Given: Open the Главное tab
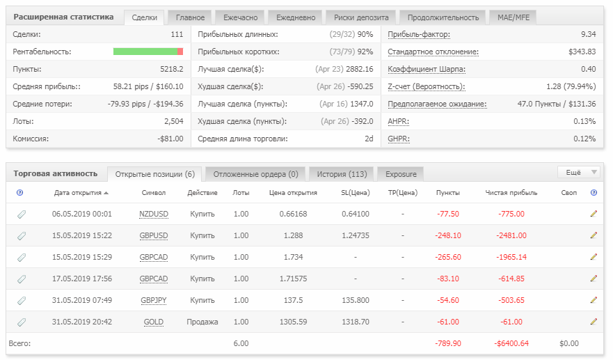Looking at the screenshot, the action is click(x=190, y=17).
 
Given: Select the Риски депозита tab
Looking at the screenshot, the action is click(x=361, y=17).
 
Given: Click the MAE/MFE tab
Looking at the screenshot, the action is click(x=514, y=17).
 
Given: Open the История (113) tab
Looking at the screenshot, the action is click(x=342, y=174).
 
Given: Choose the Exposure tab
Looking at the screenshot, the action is click(x=401, y=174).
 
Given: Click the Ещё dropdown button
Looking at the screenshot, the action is click(x=578, y=172).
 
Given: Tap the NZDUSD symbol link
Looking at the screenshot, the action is click(x=154, y=214).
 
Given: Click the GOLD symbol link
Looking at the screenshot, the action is click(x=154, y=322).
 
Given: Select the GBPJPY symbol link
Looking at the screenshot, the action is click(x=154, y=301).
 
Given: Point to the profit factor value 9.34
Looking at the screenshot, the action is click(x=588, y=34).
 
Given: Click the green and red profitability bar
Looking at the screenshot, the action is click(x=148, y=52).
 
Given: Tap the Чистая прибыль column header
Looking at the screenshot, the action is click(x=511, y=193).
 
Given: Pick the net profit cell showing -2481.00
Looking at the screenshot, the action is click(x=511, y=235).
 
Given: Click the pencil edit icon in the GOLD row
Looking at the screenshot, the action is click(x=594, y=322).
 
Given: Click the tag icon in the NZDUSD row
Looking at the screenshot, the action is click(x=22, y=214).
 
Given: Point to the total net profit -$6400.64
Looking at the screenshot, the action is click(x=511, y=343).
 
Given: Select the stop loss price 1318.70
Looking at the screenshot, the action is click(x=356, y=322).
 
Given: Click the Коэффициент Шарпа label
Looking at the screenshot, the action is click(x=427, y=70).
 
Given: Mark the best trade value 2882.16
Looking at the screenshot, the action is click(x=360, y=69).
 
